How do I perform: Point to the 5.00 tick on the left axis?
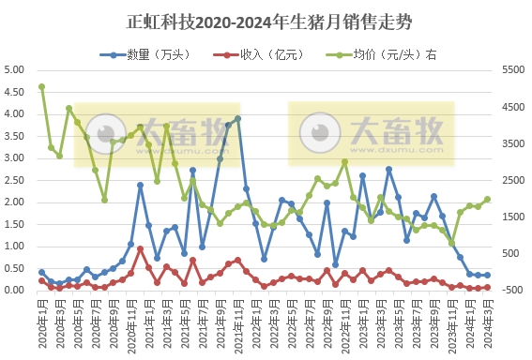tap(15, 70)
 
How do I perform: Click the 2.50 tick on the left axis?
tap(15, 180)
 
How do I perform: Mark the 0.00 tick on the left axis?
tap(15, 291)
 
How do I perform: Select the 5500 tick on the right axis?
tap(514, 70)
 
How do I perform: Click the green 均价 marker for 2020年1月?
tap(41, 87)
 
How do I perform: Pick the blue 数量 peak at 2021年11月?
tap(237, 119)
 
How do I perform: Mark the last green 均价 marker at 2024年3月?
tap(487, 199)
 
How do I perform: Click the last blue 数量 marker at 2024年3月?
tap(487, 276)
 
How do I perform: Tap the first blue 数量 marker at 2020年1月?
tap(41, 272)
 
